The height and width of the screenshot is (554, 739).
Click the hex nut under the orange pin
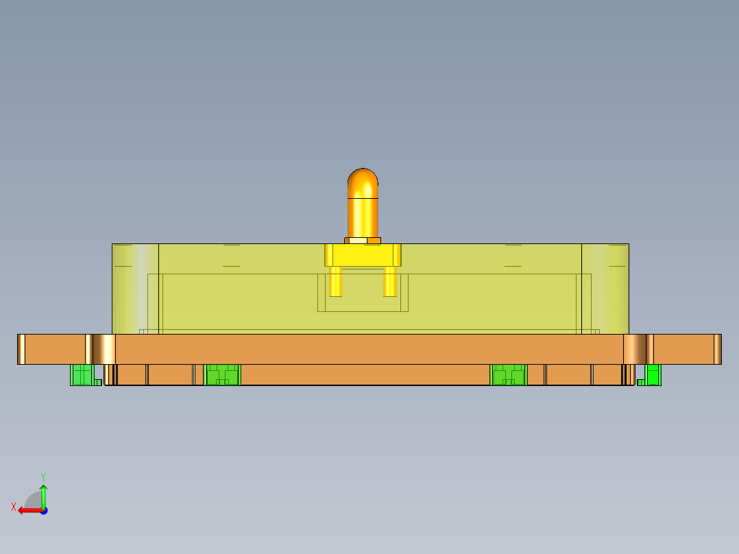coord(363,241)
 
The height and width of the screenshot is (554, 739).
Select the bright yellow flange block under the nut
coord(363,255)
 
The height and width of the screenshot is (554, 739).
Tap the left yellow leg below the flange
coord(335,281)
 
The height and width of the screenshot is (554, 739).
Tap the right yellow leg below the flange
coord(390,281)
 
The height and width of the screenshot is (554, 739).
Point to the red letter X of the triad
coord(14,507)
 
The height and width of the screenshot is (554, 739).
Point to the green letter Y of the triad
coord(43,476)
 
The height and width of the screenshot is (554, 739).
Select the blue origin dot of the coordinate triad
coord(43,510)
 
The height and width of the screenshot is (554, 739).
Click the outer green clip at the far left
coord(82,374)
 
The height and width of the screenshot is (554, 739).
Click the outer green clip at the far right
coord(653,374)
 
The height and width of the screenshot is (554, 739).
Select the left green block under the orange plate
coord(223,375)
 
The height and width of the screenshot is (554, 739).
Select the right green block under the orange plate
coord(508,375)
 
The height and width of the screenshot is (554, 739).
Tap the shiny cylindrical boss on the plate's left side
coord(104,349)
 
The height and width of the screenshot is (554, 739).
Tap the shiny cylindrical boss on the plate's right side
coord(634,349)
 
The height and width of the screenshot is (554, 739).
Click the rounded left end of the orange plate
coord(21,349)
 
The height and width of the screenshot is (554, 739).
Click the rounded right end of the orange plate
coord(717,349)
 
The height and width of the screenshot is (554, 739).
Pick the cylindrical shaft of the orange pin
coord(363,216)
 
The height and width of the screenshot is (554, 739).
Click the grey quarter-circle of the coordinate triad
coord(33,501)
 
